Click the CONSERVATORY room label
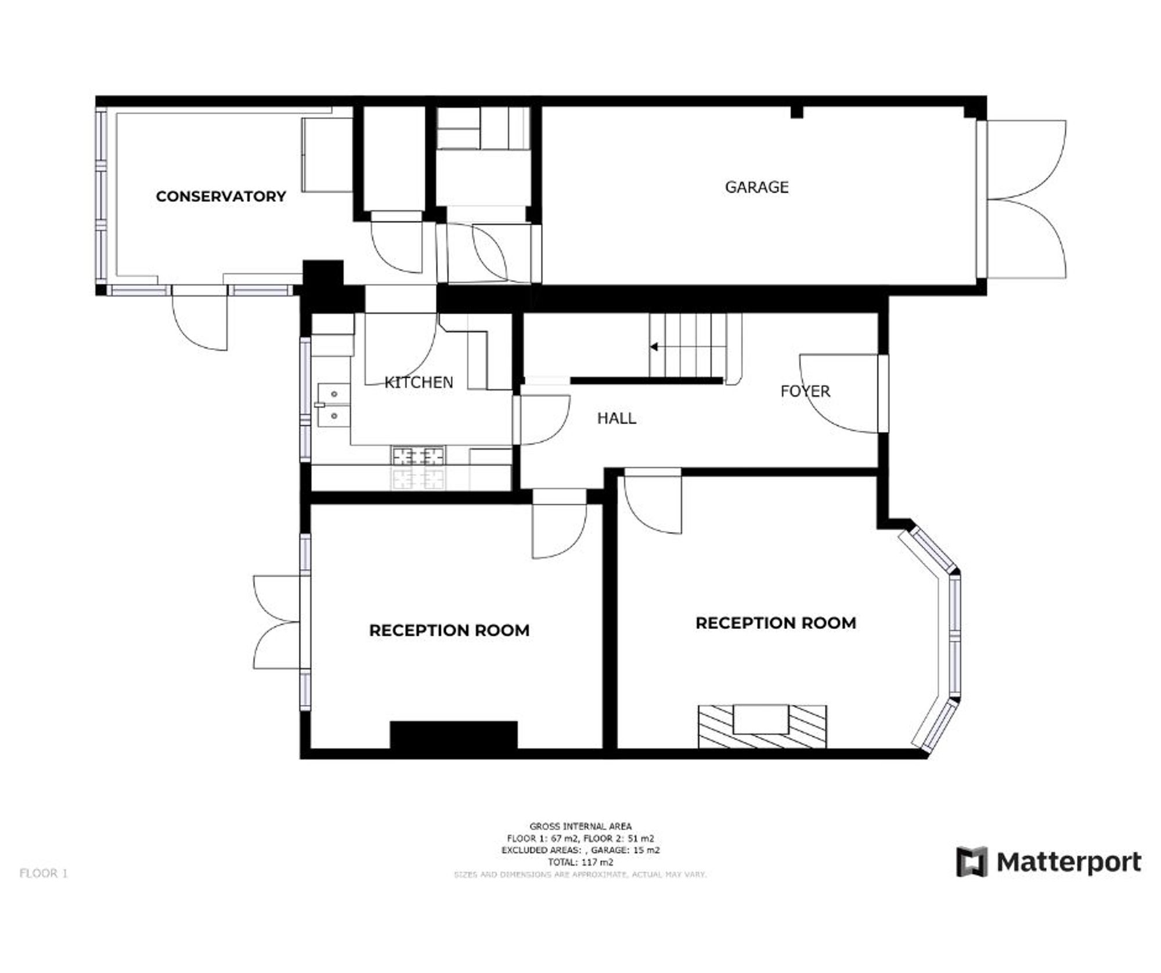[x=221, y=196]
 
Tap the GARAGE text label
[x=756, y=187]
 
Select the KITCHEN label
[x=419, y=382]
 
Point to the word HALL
[x=616, y=418]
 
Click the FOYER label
[x=805, y=391]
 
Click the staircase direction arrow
[x=654, y=347]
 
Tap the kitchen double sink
[x=333, y=405]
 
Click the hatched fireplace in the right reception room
[x=762, y=726]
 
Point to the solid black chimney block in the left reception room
[x=453, y=735]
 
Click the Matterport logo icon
[x=971, y=862]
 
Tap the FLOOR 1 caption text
[x=44, y=873]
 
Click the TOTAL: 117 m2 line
[x=580, y=862]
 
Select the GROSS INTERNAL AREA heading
[x=580, y=826]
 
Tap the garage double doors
[x=1027, y=200]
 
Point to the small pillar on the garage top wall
[x=797, y=112]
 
